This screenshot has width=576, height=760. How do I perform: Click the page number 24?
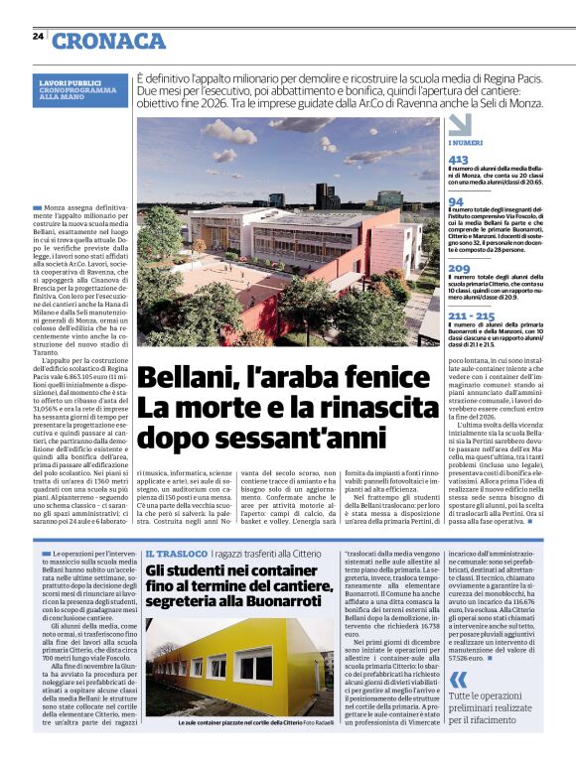click(x=38, y=37)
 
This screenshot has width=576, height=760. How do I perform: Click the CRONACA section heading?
click(x=109, y=40)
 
